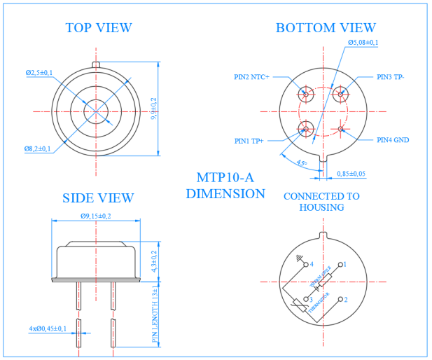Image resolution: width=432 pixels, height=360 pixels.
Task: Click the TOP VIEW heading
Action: click(x=99, y=28)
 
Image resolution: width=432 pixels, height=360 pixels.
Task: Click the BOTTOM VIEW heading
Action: click(x=326, y=28)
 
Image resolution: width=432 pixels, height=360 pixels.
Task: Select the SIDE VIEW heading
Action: click(x=98, y=198)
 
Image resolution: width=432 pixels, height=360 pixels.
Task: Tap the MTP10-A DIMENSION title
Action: click(x=225, y=185)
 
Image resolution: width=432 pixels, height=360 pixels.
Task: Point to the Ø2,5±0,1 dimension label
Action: click(x=39, y=72)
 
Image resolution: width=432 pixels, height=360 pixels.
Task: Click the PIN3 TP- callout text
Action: click(x=391, y=77)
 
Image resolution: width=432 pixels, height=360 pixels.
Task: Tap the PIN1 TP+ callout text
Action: click(x=249, y=141)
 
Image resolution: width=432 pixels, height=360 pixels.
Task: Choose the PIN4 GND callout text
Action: click(x=393, y=140)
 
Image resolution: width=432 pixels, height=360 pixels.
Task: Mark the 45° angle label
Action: click(x=301, y=162)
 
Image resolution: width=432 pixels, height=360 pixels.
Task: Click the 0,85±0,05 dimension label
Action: click(x=351, y=173)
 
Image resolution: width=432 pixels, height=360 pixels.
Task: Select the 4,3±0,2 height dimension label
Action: click(x=154, y=261)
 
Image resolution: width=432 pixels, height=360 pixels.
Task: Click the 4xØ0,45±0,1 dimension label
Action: click(x=48, y=328)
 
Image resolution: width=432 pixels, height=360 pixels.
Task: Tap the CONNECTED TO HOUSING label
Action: click(x=321, y=202)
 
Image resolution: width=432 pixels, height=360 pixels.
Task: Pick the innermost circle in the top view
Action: click(x=95, y=111)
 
